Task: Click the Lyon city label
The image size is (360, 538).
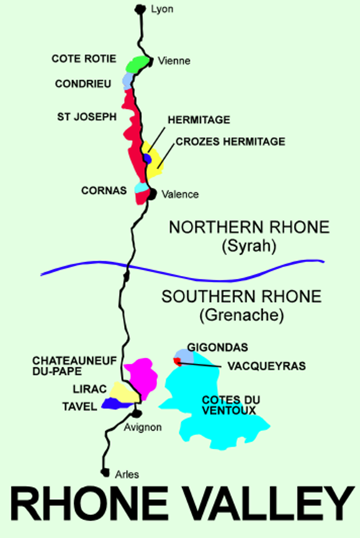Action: click(163, 9)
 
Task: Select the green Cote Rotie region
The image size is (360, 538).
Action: click(135, 64)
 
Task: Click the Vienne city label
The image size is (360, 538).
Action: click(176, 61)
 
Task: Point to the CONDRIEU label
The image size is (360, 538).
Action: click(84, 84)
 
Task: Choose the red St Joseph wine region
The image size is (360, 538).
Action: click(132, 133)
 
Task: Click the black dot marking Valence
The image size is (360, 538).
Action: click(152, 193)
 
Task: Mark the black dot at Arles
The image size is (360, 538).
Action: click(106, 473)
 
